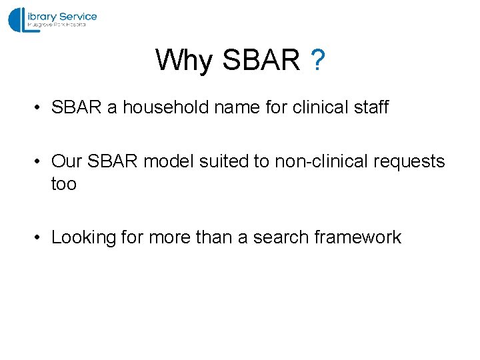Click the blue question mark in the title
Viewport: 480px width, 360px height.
coord(318,61)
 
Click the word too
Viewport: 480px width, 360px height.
coord(64,184)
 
